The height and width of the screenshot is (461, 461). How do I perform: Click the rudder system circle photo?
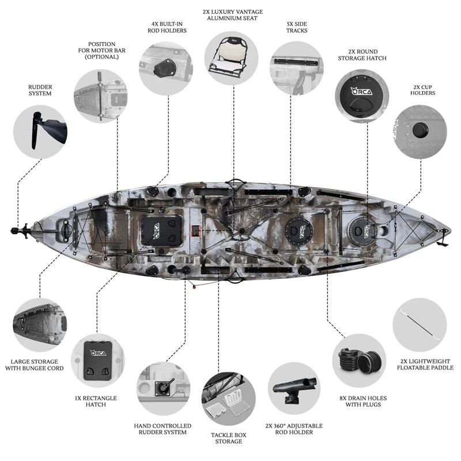pos(40,132)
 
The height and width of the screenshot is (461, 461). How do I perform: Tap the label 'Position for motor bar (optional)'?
pos(101,51)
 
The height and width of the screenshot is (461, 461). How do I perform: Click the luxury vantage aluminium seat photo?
pos(231,58)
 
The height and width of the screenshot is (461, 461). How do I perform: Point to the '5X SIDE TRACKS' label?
pos(297,27)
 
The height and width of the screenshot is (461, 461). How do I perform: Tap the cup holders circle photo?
pos(421,131)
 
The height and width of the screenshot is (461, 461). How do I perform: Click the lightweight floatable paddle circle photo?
pos(420,325)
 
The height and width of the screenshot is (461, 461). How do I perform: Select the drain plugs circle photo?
pos(359,360)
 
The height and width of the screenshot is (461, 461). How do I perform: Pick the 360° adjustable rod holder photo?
pos(294,388)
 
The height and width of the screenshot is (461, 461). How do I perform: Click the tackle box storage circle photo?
pos(228,398)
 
